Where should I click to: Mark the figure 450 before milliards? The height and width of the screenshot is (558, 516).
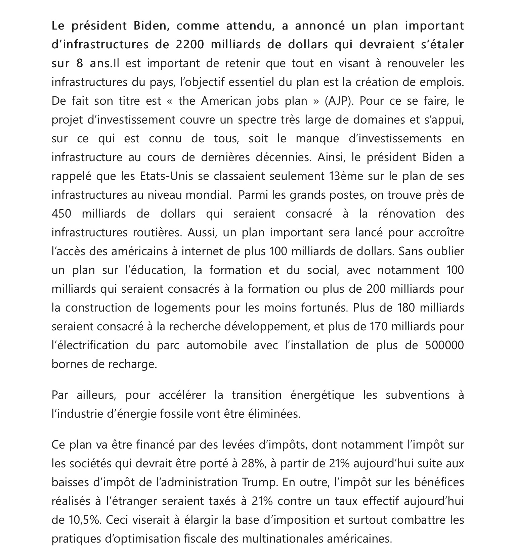pyautogui.click(x=61, y=214)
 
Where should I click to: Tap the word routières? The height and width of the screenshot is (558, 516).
pyautogui.click(x=157, y=233)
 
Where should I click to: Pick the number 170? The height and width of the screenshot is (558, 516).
pyautogui.click(x=380, y=327)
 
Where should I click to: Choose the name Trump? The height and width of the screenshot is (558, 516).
pyautogui.click(x=259, y=482)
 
